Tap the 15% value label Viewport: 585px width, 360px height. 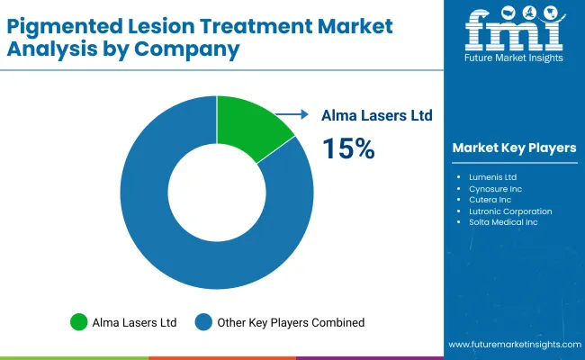pyautogui.click(x=348, y=148)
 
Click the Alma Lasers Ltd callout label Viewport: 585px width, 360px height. pyautogui.click(x=378, y=115)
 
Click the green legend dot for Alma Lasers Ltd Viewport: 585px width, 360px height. pyautogui.click(x=79, y=321)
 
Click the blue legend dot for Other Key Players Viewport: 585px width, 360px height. pyautogui.click(x=203, y=321)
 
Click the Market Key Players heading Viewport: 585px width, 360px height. pyautogui.click(x=514, y=148)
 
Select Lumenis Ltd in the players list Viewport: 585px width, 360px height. pyautogui.click(x=492, y=177)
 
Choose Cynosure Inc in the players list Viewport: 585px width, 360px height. pyautogui.click(x=495, y=189)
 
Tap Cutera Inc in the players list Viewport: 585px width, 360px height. pyautogui.click(x=490, y=200)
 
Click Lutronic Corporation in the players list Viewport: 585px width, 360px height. pyautogui.click(x=510, y=211)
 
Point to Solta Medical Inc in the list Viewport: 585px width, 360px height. pyautogui.click(x=503, y=222)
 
